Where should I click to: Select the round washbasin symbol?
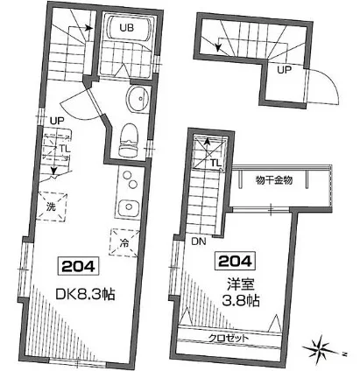138,98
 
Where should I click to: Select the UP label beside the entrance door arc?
285,69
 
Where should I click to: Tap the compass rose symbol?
320,349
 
